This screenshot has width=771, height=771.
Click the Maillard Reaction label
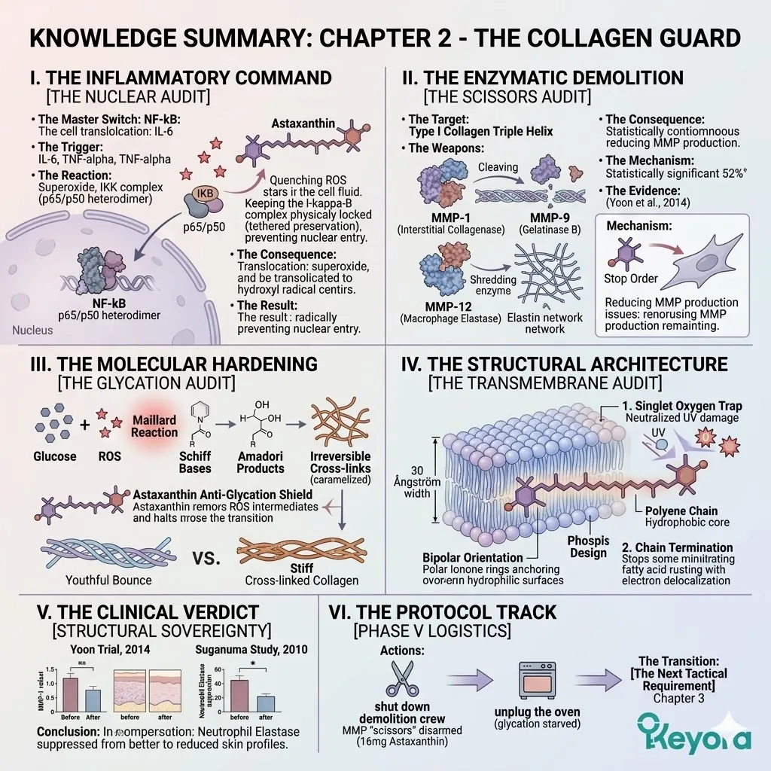coord(154,425)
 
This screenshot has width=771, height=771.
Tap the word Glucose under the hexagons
coord(55,456)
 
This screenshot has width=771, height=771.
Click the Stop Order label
coord(630,278)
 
